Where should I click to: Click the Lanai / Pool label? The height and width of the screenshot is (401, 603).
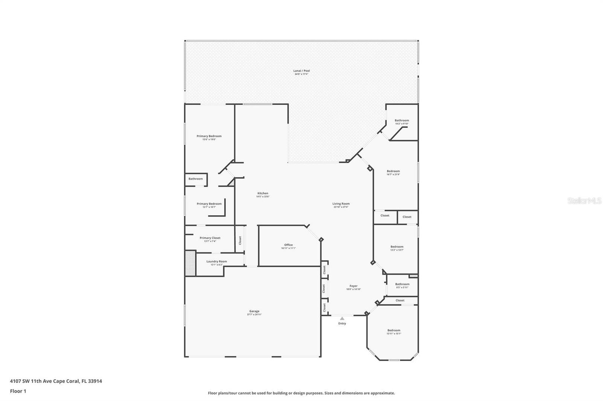coord(301,71)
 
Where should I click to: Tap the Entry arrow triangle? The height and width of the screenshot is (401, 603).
coord(342,319)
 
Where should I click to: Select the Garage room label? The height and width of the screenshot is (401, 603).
coord(254,311)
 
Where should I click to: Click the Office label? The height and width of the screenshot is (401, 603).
coord(288,245)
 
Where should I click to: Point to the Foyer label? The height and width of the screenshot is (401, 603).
coord(354,286)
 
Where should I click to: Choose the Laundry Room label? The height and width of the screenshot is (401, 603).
coord(217,261)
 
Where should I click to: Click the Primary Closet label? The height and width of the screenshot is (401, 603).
coord(210,238)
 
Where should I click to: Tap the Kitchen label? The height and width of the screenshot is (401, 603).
coord(263,193)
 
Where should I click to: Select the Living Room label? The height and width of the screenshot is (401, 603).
coord(341,204)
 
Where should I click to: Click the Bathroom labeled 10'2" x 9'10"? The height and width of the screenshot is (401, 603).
coord(402,120)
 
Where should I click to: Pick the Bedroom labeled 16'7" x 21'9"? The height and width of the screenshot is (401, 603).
coord(393,171)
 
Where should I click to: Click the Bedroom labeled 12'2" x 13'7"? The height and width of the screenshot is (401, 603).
coord(397,247)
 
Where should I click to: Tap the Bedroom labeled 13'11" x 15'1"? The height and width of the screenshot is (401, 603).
coord(394,330)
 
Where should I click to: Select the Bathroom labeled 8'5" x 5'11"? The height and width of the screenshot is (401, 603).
coord(402,284)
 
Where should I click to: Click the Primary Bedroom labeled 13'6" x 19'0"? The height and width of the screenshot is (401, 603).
coord(209,136)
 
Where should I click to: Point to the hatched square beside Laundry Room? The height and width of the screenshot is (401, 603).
coord(190,263)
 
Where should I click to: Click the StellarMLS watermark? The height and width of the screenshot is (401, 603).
coord(584,201)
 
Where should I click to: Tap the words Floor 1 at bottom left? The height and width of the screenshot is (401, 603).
coord(18,391)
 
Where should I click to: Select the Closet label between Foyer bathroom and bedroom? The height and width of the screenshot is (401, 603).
coord(400,300)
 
